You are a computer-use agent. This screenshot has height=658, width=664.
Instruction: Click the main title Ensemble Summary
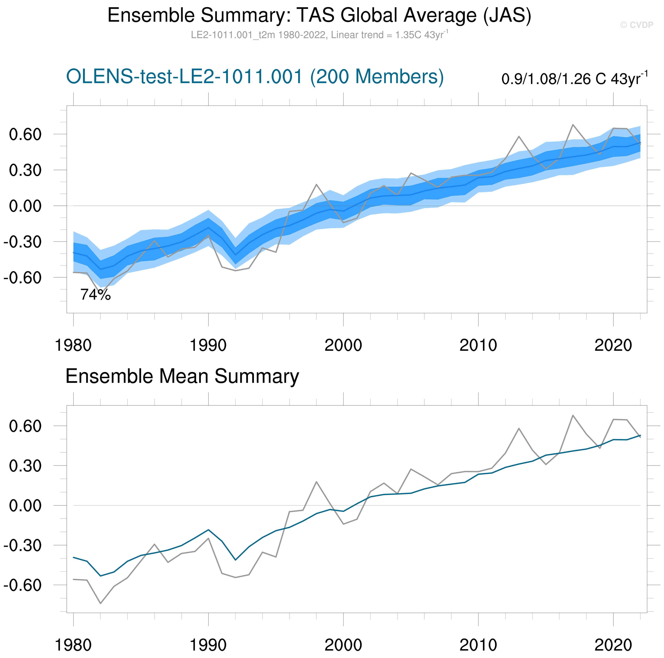[x=319, y=15]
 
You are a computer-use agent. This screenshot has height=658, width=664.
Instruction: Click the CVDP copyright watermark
[x=636, y=25]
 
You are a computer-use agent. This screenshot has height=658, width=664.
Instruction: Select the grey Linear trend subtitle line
[x=319, y=35]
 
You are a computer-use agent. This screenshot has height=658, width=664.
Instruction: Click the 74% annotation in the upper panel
[x=96, y=295]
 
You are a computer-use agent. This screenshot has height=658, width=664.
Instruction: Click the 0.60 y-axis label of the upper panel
[x=25, y=134]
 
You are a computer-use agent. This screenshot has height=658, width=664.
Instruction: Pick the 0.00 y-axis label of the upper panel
[x=25, y=206]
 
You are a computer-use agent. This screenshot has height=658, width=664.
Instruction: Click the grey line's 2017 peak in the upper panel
[x=573, y=125]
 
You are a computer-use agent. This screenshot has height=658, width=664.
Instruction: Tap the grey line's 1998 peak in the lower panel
[x=317, y=482]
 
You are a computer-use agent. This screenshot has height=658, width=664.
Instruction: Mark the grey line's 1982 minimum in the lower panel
[x=100, y=603]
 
